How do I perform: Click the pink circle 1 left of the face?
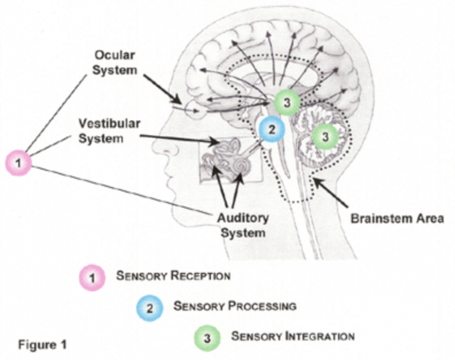(x=18, y=163)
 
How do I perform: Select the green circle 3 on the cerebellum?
(x=325, y=136)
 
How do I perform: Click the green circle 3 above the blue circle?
(x=287, y=102)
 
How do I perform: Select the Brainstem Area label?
(x=397, y=218)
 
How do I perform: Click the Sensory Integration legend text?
(x=293, y=336)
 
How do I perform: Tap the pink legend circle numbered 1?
(x=92, y=277)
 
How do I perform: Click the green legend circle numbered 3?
(x=207, y=337)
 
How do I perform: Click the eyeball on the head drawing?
(x=196, y=109)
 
